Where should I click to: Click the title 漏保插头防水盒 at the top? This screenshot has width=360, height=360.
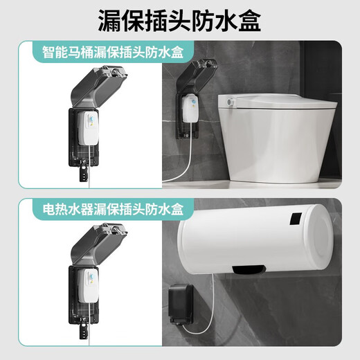(180, 19)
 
